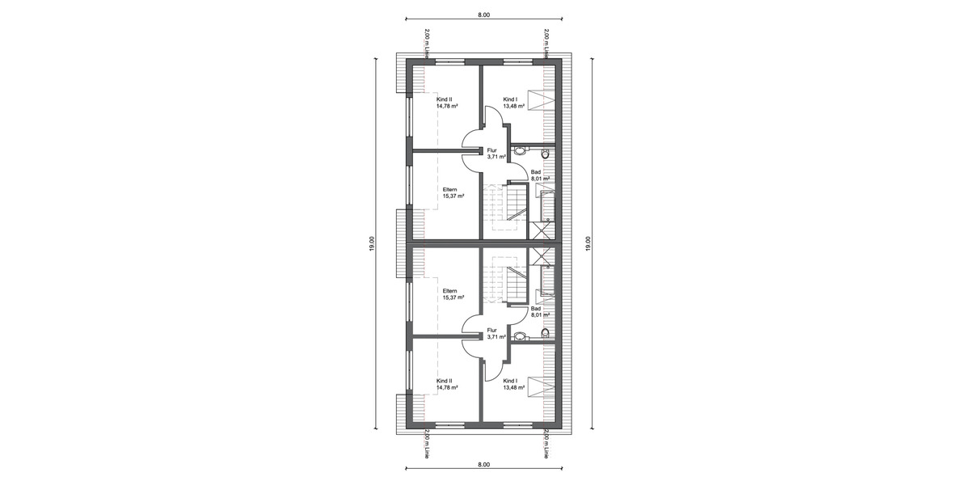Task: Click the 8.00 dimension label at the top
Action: click(x=484, y=15)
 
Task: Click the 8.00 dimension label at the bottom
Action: click(x=484, y=466)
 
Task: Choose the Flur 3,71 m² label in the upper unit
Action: click(x=496, y=154)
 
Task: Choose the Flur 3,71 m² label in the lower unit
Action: click(x=496, y=333)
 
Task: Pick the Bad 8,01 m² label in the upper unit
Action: click(x=540, y=175)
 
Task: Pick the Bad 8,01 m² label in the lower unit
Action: click(x=540, y=311)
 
